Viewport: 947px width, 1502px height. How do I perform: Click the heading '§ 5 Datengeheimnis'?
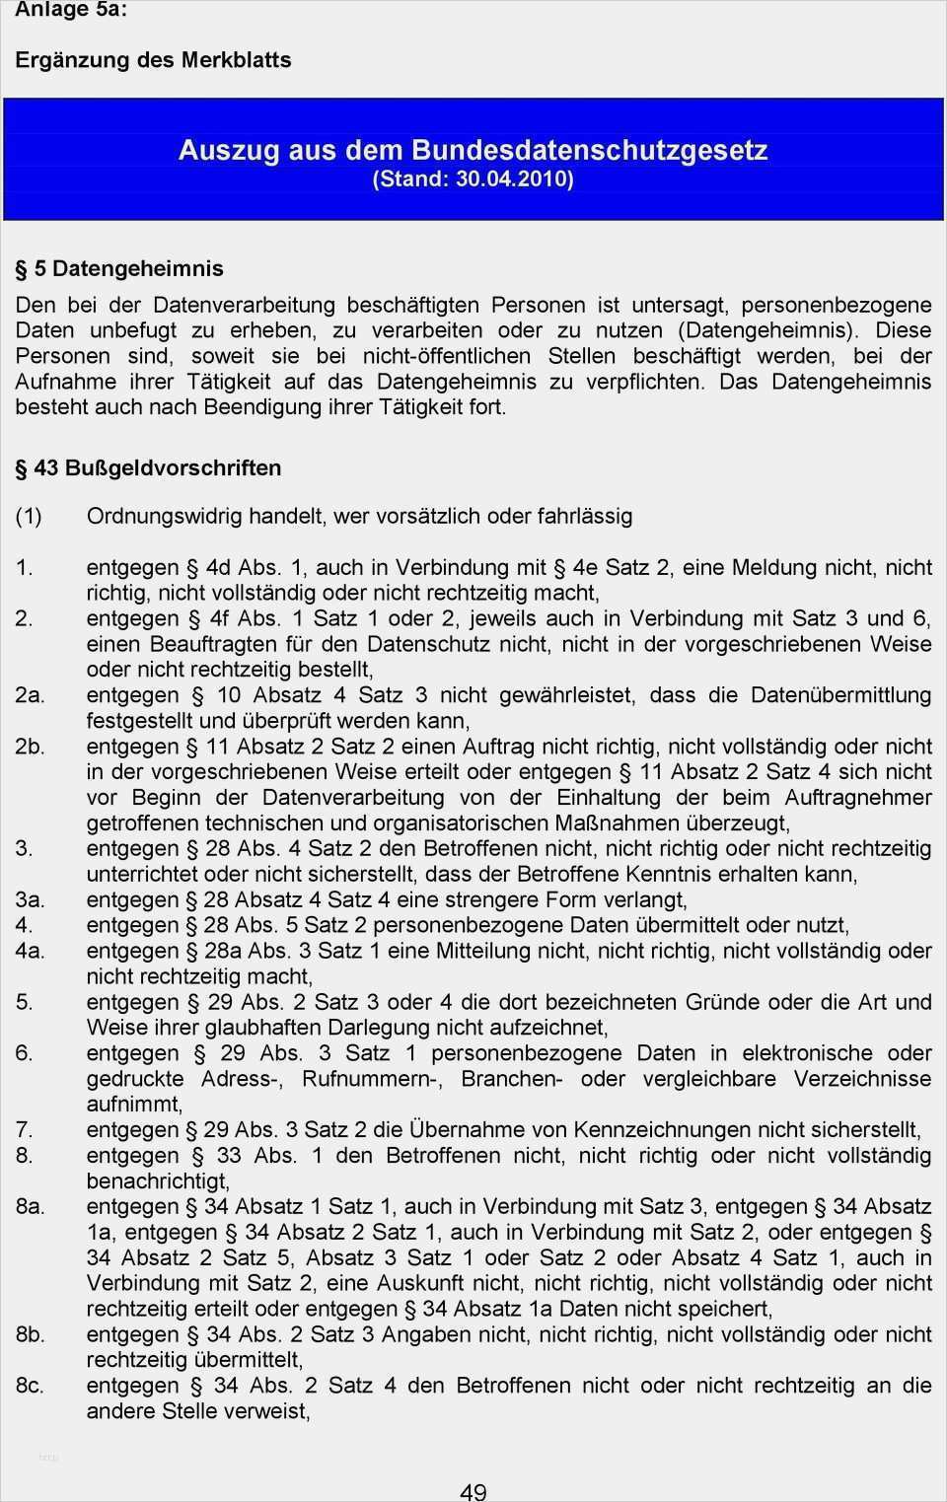(119, 268)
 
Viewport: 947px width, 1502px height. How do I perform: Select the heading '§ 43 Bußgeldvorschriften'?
(148, 467)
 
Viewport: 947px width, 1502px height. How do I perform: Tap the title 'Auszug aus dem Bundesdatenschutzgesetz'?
(473, 150)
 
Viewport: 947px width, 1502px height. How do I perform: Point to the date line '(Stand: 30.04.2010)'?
(473, 179)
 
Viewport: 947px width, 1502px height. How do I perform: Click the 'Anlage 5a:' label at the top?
(71, 10)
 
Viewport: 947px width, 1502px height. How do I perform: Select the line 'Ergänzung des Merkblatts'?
(153, 60)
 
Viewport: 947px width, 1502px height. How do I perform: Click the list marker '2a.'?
(30, 694)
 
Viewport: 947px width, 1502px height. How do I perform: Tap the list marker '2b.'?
(30, 746)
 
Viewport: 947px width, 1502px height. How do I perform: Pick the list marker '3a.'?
(30, 899)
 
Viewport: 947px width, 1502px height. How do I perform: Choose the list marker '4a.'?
(30, 951)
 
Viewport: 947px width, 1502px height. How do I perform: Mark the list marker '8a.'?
(30, 1206)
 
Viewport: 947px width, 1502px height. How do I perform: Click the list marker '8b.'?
(30, 1334)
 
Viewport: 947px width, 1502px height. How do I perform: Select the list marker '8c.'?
(30, 1386)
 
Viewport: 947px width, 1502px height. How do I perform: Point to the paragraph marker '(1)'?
(29, 516)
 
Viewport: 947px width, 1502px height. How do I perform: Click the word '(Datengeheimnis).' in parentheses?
(769, 330)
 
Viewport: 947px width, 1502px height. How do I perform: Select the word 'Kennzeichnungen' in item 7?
(654, 1129)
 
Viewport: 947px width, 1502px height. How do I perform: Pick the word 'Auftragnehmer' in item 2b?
(858, 797)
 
